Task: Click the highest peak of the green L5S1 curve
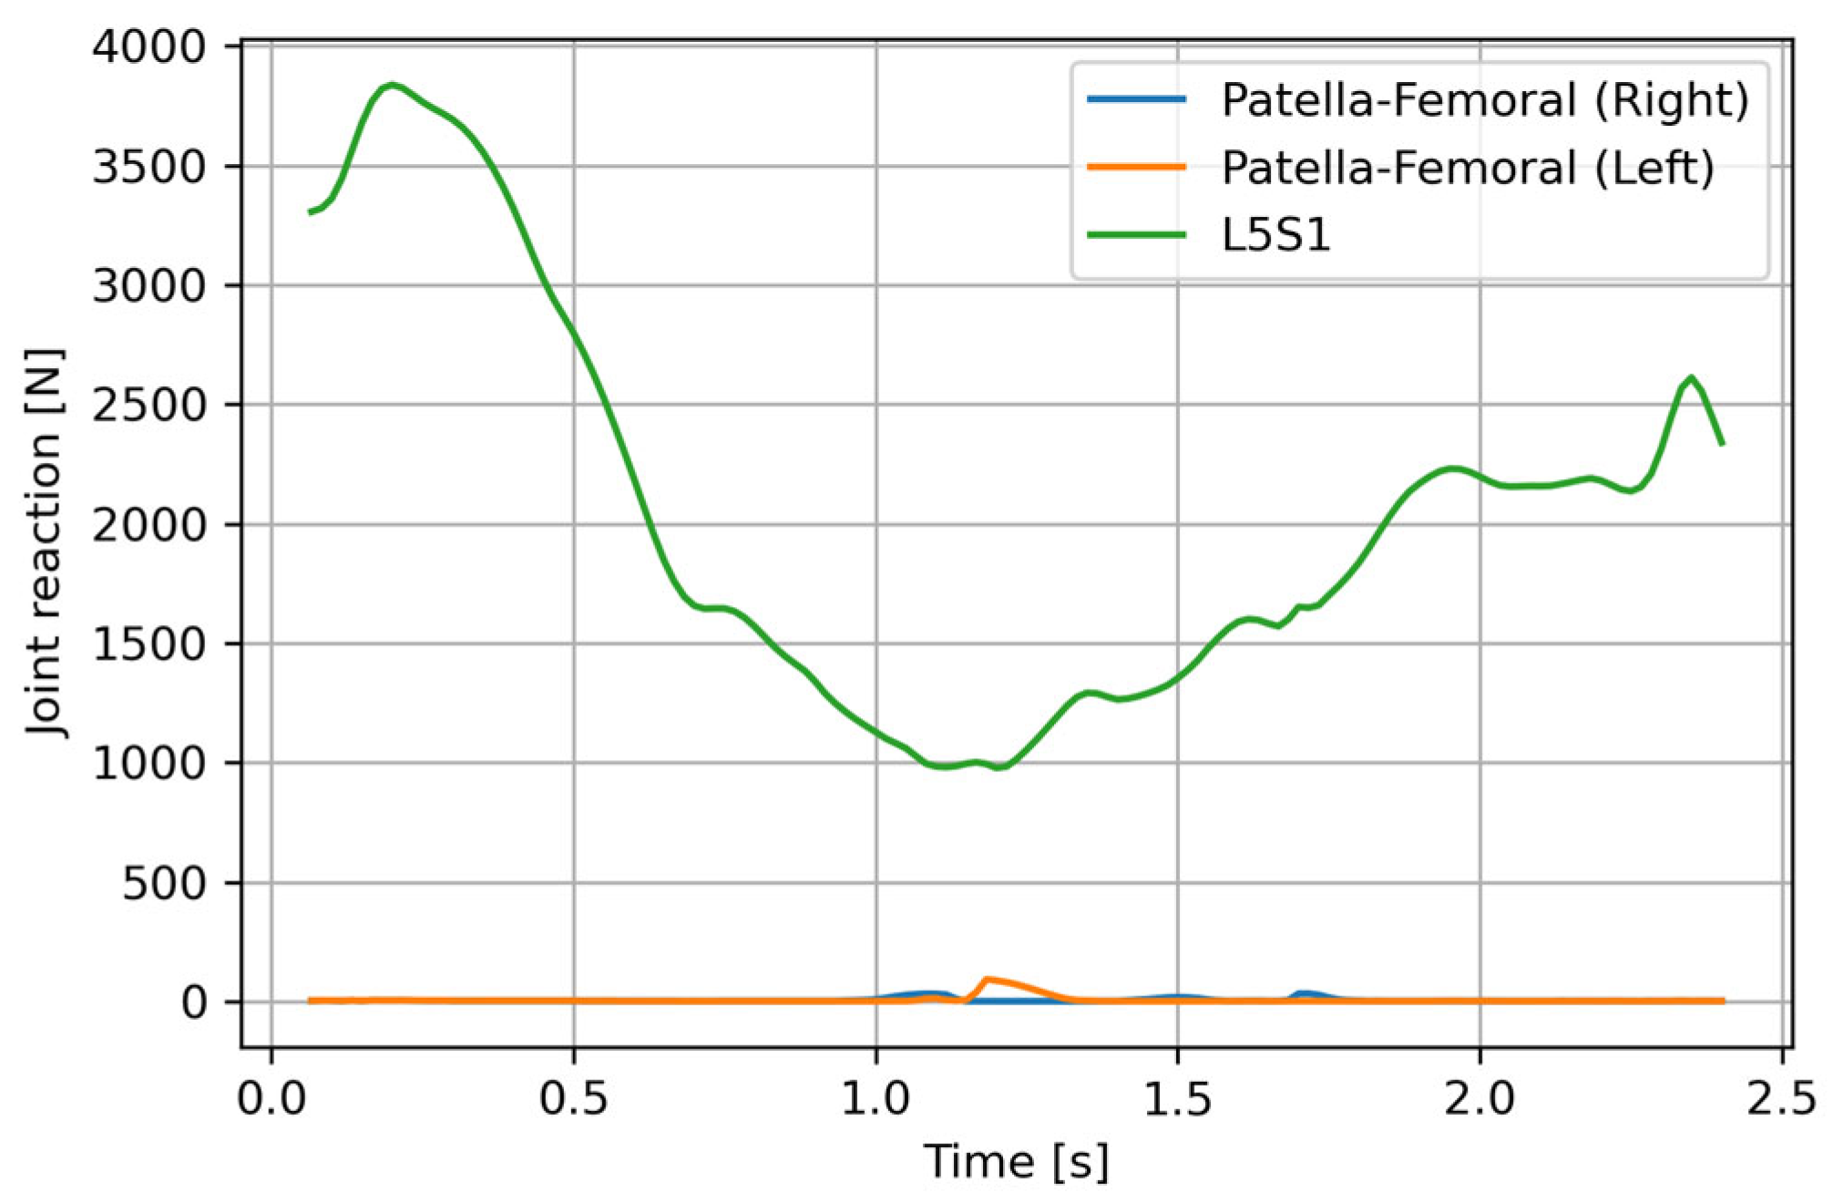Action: pos(392,85)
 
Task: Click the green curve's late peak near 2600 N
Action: pos(1691,377)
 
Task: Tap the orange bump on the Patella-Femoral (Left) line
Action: pos(988,981)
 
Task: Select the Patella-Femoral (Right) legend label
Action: pos(1485,100)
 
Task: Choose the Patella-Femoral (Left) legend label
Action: pos(1468,168)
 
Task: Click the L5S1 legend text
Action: pos(1275,235)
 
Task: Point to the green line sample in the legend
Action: pos(1137,235)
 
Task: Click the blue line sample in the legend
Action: pos(1137,99)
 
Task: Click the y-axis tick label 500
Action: pos(165,883)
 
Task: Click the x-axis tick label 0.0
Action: pos(271,1099)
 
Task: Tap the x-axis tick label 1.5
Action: pos(1177,1099)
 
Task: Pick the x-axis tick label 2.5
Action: pos(1780,1099)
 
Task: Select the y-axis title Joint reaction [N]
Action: pos(46,543)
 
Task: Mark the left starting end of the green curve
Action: pos(311,212)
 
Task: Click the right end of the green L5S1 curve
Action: pos(1722,444)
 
